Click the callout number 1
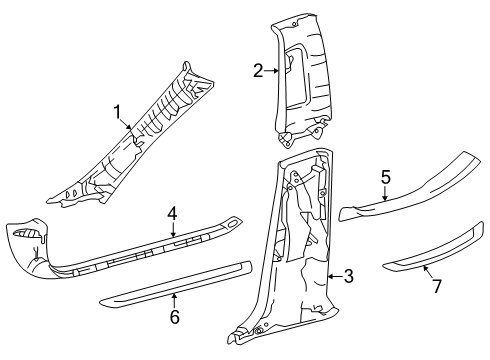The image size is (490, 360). (x=117, y=111)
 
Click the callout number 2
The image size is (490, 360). (x=257, y=70)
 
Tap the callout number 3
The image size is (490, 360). (x=348, y=276)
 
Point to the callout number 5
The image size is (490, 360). (x=384, y=176)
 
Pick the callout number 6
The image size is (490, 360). (x=173, y=317)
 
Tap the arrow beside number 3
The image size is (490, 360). (x=333, y=275)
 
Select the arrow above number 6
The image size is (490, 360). (x=175, y=300)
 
